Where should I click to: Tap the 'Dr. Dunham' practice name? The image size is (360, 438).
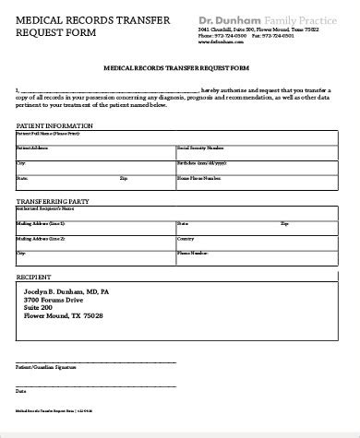(229, 18)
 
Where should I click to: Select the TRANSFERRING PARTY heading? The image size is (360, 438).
(54, 200)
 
